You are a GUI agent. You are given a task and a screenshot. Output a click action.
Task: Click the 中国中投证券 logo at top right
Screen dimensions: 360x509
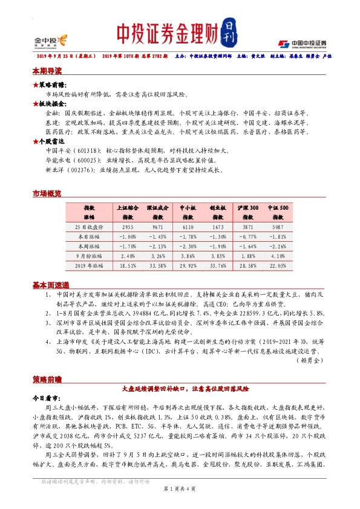coord(302,43)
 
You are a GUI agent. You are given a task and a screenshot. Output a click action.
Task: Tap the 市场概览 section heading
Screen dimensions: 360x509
coord(47,193)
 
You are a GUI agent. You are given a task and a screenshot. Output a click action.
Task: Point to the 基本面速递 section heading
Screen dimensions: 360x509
coord(51,285)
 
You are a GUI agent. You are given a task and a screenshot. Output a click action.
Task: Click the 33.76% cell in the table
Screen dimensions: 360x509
coord(218,265)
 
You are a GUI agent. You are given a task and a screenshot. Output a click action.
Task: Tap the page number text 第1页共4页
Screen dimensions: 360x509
coord(180,487)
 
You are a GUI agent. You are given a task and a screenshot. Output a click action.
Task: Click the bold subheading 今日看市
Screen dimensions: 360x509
coord(46,399)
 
